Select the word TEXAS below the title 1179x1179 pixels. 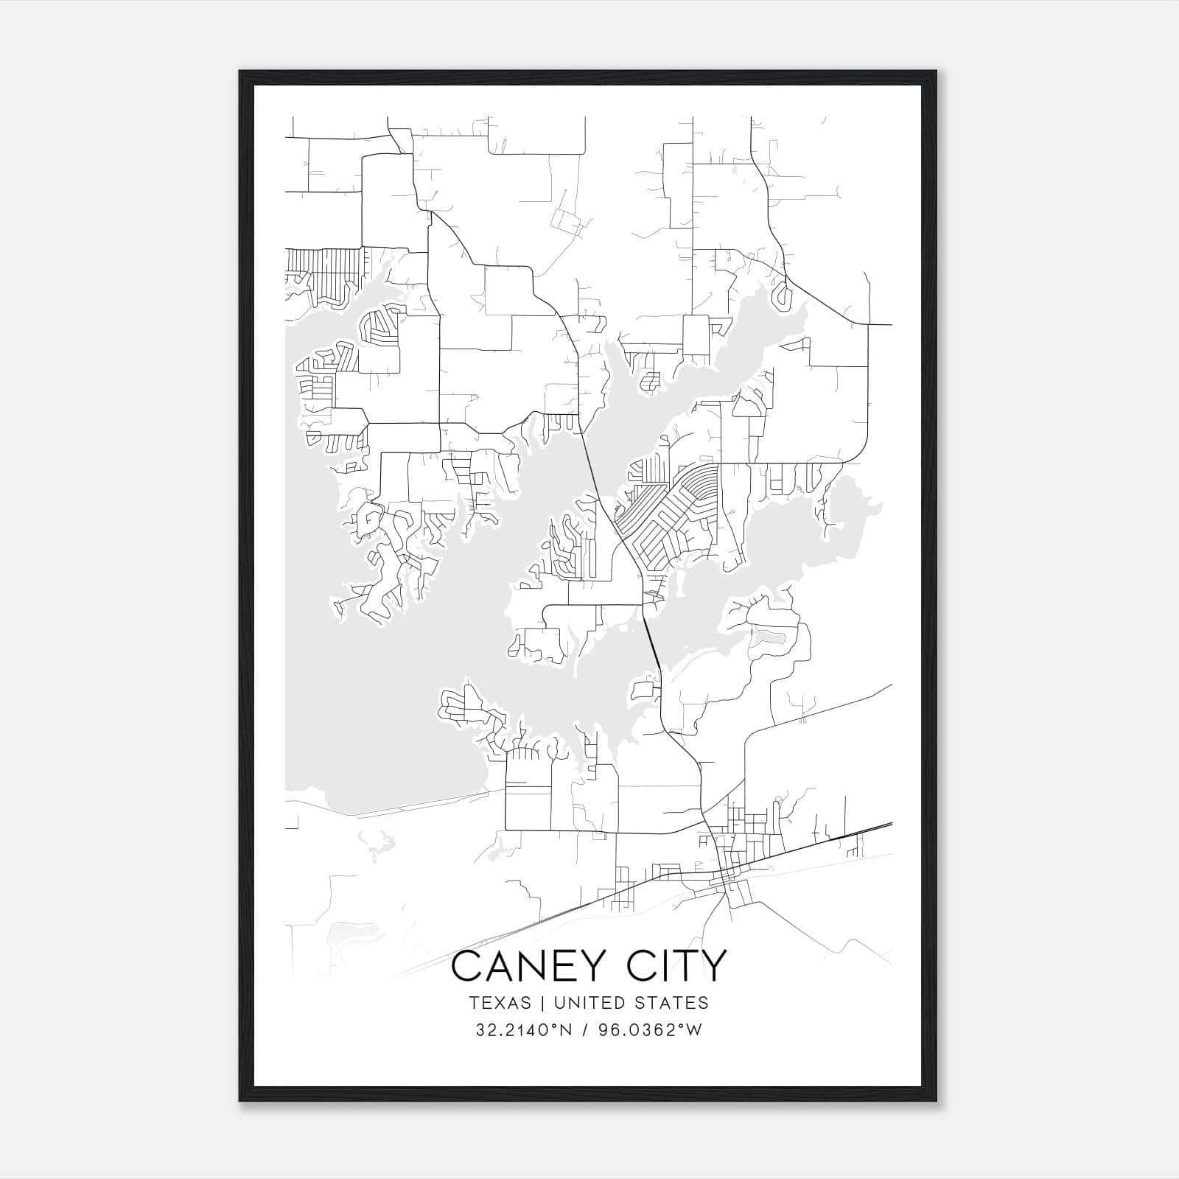click(499, 1003)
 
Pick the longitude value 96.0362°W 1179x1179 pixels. click(648, 1030)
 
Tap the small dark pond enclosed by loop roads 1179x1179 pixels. click(771, 634)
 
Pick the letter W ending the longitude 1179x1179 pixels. click(694, 1030)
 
